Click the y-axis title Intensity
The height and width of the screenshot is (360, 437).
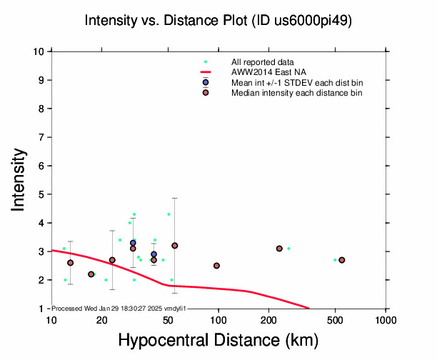tap(21, 179)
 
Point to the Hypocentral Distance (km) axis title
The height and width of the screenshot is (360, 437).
tap(218, 340)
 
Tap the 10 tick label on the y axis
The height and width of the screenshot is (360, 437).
tap(40, 51)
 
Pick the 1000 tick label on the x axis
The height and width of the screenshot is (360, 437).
tap(386, 319)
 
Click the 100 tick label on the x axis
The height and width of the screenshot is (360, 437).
tap(218, 319)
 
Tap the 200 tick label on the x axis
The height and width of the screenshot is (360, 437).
tap(268, 319)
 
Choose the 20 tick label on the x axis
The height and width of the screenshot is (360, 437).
tap(101, 319)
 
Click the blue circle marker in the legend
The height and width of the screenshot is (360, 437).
tap(206, 83)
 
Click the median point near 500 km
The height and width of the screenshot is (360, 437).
tap(342, 260)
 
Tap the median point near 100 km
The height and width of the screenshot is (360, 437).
tap(216, 266)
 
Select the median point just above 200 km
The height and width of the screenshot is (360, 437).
tap(279, 249)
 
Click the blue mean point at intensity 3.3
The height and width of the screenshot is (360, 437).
tap(133, 243)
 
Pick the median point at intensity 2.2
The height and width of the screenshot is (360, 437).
tap(91, 274)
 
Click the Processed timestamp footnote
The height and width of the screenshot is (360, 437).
tap(119, 308)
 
